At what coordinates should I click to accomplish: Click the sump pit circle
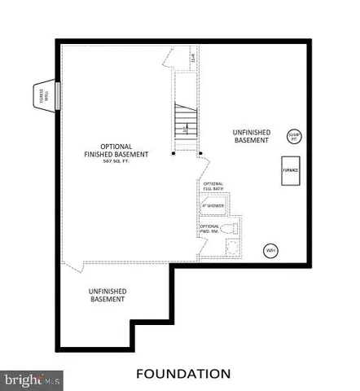293,137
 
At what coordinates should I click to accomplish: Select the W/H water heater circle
269,250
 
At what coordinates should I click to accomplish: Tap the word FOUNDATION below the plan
182,374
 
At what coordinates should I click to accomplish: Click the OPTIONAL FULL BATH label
213,187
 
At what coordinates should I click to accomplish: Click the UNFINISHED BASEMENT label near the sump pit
250,136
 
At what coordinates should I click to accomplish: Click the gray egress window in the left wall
59,93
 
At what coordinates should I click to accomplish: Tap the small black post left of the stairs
173,152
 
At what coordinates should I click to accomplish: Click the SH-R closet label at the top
193,59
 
